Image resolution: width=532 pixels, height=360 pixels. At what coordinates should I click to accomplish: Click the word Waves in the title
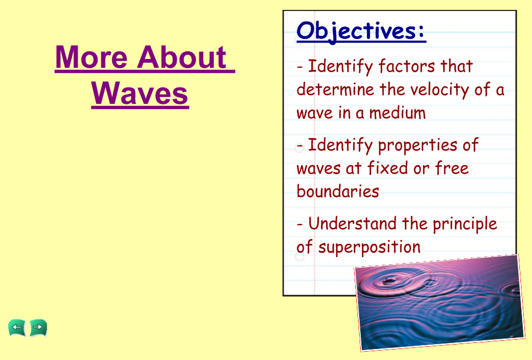tap(140, 93)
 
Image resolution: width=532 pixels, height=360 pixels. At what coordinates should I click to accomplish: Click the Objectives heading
tap(361, 31)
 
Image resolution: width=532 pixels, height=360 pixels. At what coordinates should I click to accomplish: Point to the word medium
tap(397, 112)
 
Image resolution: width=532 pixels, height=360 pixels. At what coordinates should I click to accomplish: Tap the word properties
tap(417, 146)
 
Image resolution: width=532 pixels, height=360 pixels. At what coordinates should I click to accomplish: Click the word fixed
tap(388, 168)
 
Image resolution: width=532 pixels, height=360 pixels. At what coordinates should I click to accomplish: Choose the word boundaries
tap(338, 191)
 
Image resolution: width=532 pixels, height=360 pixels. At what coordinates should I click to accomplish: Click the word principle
tap(465, 225)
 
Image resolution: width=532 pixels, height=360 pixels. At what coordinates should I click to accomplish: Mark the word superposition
tap(369, 248)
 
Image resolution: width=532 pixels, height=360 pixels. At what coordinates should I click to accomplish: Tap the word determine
tap(335, 90)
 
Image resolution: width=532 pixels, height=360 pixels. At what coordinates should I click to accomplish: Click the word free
tap(452, 168)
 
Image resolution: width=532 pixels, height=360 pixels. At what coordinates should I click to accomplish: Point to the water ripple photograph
tap(439, 302)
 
